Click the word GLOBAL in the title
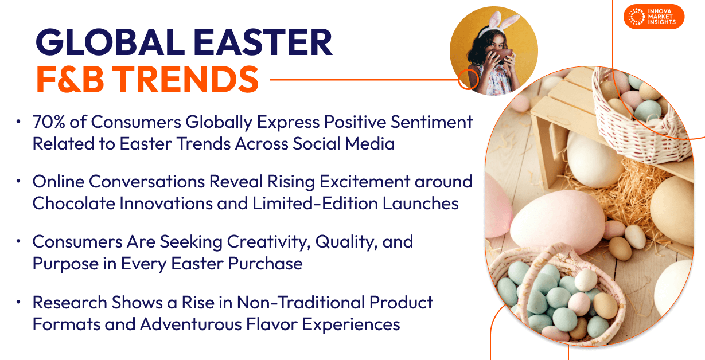tap(110, 42)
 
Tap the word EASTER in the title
tap(263, 42)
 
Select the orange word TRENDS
tap(186, 79)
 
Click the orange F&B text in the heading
tap(70, 79)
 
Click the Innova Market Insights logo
tap(654, 17)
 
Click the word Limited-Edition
tap(315, 203)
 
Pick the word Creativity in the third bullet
tap(268, 242)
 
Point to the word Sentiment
tap(431, 122)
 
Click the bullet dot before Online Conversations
tap(18, 181)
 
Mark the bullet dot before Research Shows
tap(18, 302)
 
